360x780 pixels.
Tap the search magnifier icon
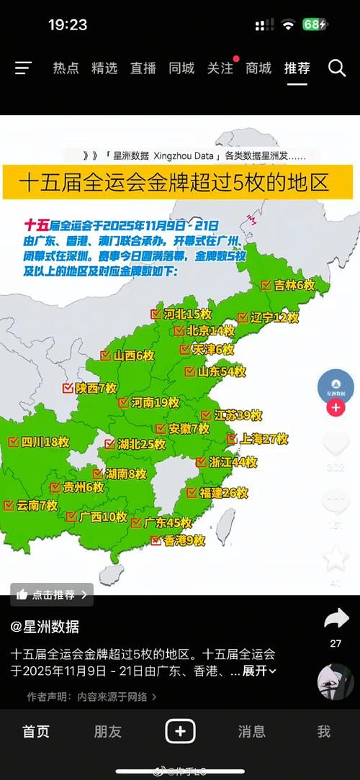pos(337,68)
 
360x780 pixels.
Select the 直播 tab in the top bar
pos(143,68)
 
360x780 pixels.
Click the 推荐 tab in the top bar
pos(297,68)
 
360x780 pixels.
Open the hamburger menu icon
pos(23,68)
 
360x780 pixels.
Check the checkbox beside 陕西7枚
pos(68,388)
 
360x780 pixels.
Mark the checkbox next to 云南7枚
pos(9,506)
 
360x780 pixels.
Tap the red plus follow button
pos(336,408)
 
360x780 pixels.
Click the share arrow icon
pos(336,619)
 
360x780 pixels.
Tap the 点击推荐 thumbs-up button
pos(52,594)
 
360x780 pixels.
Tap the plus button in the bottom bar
pos(180,732)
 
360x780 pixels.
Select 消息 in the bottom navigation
pos(251,732)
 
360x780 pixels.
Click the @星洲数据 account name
pos(45,627)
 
